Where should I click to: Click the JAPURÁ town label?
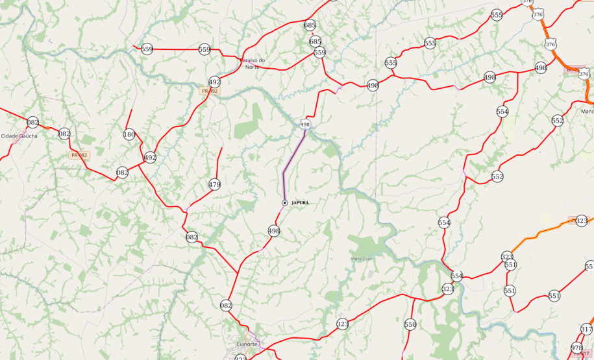pos(301,203)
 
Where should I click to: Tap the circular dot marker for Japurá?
pos(284,203)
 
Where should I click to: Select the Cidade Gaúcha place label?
pos(19,136)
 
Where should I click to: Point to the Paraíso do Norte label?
pos(257,63)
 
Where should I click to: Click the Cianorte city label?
pos(247,344)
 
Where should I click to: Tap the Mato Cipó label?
pos(362,259)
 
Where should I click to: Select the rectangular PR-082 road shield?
pos(79,155)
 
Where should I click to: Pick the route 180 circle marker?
pos(129,135)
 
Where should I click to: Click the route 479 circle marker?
pos(215,185)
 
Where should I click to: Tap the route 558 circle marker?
pos(410,324)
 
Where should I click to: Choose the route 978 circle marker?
pos(577,348)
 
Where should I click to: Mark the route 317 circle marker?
pos(586,330)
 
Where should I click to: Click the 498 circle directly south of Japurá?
pos(274,231)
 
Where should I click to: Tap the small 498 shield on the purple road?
pos(304,123)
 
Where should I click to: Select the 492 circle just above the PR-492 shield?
pos(215,82)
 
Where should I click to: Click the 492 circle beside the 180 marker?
pos(150,158)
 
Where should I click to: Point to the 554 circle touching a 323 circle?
pos(457,276)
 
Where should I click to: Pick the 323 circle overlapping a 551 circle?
pos(507,257)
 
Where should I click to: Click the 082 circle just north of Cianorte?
pos(226,305)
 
